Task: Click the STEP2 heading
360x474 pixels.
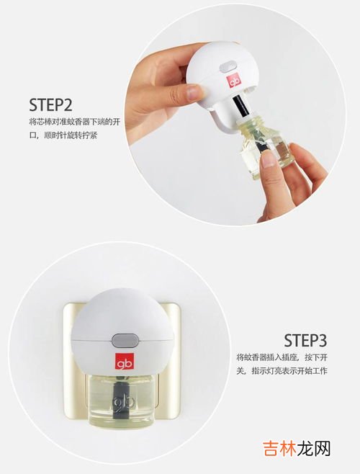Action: click(51, 104)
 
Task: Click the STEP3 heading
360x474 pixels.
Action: click(305, 340)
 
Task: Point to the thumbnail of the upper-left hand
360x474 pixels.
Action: click(194, 92)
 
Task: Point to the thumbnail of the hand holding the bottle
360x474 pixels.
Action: click(268, 158)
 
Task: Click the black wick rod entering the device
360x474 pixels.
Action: click(240, 107)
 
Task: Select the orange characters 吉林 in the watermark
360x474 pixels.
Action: click(279, 447)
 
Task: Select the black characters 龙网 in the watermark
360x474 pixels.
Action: click(313, 447)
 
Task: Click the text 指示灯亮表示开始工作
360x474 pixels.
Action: click(289, 371)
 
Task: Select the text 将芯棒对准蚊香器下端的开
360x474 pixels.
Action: click(75, 122)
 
